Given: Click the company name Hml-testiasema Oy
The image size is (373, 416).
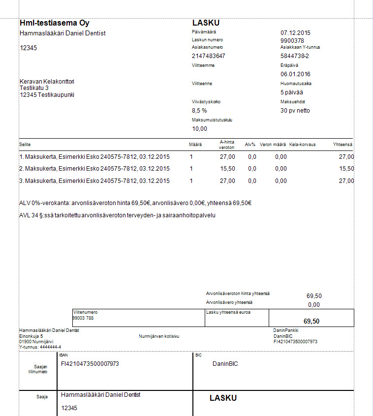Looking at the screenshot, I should [55, 23].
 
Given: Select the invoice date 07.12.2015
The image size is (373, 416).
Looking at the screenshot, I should [295, 33].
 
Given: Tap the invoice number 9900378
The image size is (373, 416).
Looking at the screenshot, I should [292, 40].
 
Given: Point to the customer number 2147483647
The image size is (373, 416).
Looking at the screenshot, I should [208, 56].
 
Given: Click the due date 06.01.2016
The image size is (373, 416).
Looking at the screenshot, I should [295, 74].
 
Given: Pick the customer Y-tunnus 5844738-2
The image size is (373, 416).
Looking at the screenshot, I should [295, 56].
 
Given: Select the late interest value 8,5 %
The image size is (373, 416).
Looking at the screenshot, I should [199, 111].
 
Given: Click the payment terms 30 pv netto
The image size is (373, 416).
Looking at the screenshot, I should [295, 111].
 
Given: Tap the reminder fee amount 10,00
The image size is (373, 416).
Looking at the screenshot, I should [199, 129].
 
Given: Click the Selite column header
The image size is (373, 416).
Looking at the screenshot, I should [25, 145].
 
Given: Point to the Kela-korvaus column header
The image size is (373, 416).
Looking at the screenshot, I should [303, 145].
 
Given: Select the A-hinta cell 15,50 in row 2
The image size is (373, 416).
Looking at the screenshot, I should [227, 169].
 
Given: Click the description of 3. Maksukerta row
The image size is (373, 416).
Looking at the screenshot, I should [94, 181].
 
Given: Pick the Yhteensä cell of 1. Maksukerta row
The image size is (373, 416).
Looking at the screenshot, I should [346, 157].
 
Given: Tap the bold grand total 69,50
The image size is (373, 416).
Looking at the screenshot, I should [311, 321].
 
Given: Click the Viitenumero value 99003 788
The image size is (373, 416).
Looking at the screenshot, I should [83, 318].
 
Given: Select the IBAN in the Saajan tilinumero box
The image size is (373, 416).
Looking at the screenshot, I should [90, 364].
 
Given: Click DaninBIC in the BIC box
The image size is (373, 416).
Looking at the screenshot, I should [225, 364].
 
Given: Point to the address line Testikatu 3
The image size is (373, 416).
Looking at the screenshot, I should [34, 88].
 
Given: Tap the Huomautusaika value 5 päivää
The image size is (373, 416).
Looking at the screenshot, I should [292, 92].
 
